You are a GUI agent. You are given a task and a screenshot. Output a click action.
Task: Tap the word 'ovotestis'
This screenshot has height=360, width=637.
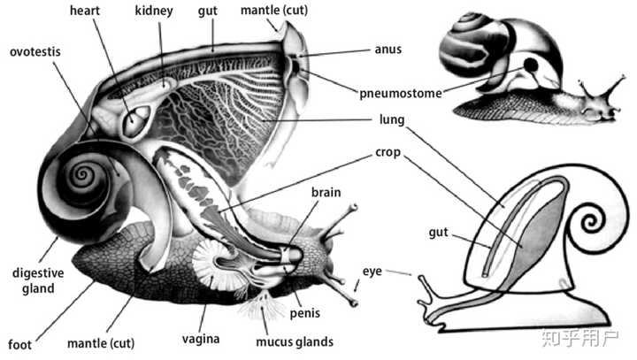[x=35, y=50]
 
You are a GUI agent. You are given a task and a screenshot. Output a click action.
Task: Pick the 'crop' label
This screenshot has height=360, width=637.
[x=388, y=152]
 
